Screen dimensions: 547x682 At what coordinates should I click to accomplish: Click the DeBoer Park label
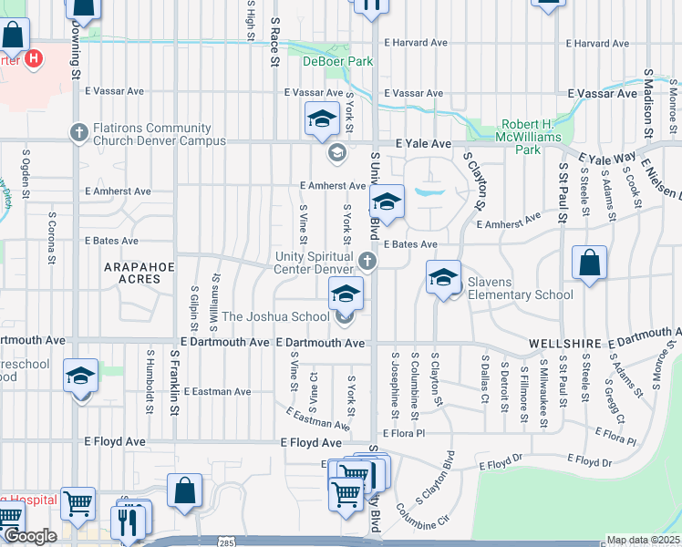(325, 62)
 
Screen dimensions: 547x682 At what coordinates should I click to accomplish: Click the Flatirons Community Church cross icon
(77, 133)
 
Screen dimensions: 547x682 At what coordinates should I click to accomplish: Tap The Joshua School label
(275, 317)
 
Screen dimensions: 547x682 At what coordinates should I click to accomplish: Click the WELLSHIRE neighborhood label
(563, 344)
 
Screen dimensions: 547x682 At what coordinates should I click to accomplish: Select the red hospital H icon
(35, 60)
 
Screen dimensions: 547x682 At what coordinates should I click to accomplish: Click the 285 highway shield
(224, 542)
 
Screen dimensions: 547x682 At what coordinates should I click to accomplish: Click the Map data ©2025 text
(643, 540)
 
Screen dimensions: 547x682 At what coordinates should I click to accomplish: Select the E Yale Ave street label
(423, 144)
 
